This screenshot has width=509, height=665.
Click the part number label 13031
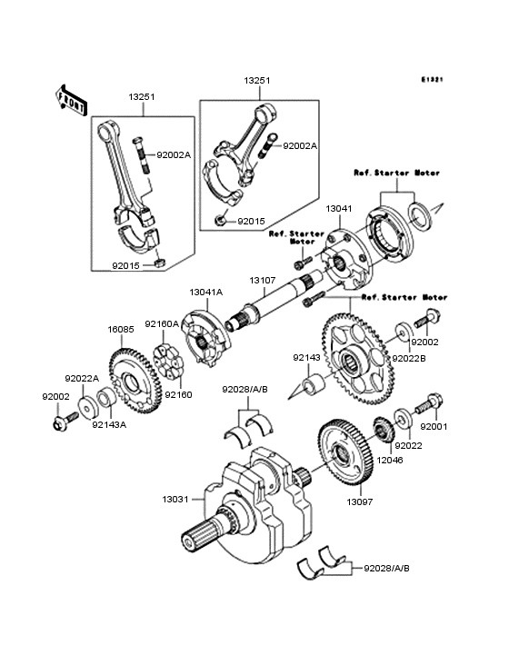click(x=176, y=500)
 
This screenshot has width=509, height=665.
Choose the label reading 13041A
click(x=205, y=293)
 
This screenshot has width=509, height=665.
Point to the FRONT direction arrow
click(x=72, y=97)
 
